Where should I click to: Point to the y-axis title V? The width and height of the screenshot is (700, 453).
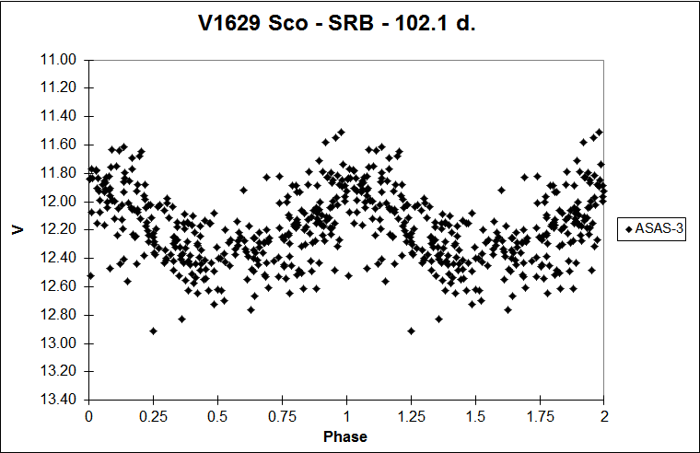tap(18, 229)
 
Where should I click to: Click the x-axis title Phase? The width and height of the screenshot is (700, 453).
tap(345, 436)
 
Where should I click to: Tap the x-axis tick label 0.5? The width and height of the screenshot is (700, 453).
tap(217, 415)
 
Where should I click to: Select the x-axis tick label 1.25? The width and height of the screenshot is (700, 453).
tap(411, 415)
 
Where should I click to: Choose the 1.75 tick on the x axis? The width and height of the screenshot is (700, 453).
tap(540, 415)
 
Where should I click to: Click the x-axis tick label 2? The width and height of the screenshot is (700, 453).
tap(604, 415)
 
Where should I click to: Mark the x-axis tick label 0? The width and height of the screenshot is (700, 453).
tap(88, 415)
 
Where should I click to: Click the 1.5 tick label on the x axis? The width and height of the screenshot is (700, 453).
tap(475, 415)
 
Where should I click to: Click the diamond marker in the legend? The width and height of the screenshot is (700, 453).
tap(628, 229)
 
